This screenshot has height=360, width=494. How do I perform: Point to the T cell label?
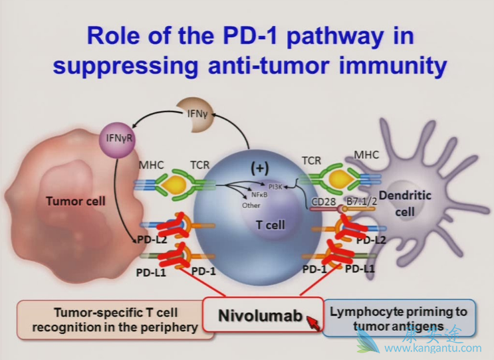[271, 226]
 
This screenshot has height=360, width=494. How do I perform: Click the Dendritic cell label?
[414, 203]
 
